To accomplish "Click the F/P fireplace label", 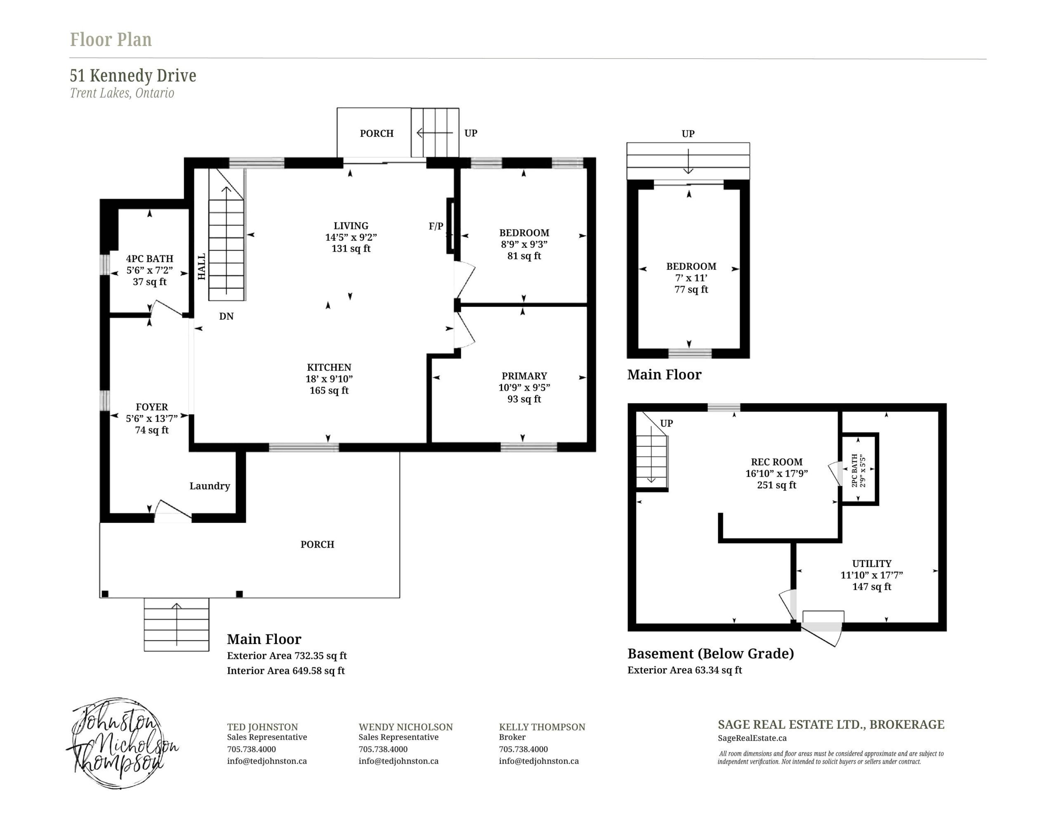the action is (436, 226).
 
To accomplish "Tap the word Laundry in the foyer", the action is (210, 486).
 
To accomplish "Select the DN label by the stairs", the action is (226, 316).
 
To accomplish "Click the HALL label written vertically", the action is (202, 267).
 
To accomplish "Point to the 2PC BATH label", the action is (854, 470).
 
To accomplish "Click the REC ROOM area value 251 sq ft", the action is (776, 485).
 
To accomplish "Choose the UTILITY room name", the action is (872, 563).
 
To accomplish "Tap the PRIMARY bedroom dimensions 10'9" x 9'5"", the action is (524, 387).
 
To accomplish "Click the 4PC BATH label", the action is (149, 259).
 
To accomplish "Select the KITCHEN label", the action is (329, 368).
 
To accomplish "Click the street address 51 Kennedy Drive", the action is (133, 75).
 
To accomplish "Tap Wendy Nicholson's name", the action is (405, 727).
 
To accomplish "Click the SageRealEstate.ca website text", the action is (752, 738).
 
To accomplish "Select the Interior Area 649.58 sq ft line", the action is (286, 670).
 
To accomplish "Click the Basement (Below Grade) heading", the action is (711, 653).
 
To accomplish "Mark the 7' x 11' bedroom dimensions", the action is (691, 278).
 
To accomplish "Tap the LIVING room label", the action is (351, 226).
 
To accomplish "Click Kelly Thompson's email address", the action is (539, 761).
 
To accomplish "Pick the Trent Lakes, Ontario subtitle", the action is (122, 93).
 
